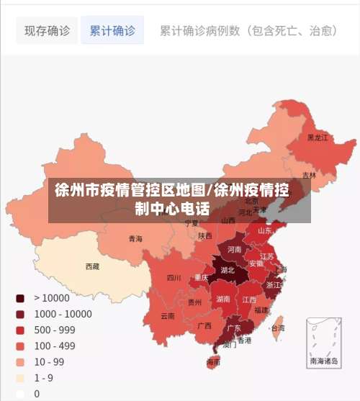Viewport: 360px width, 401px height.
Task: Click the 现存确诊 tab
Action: coord(47,31)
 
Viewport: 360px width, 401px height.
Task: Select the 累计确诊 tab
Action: coord(112,31)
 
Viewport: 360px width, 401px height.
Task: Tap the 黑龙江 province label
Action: coord(318,137)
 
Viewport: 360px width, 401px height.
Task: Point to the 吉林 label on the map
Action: coord(309,175)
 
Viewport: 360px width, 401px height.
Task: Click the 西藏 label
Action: coord(92,266)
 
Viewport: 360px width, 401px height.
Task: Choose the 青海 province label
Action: coord(135,238)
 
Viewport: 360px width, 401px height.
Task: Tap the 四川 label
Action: coord(174,277)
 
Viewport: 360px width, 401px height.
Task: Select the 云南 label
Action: coord(167,316)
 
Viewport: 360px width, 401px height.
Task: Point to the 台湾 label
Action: coord(277,328)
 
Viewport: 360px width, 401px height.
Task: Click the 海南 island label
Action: coord(214,361)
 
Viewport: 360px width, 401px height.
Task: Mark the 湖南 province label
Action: coord(223,298)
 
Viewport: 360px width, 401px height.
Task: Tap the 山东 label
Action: coord(264,231)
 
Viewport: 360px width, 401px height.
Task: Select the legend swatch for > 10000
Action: coord(20,298)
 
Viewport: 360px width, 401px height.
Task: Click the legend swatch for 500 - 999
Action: coord(20,330)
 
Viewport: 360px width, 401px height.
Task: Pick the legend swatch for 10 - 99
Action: coord(20,361)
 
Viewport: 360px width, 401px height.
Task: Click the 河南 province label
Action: coord(235,249)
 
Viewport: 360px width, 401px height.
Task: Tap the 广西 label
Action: coord(204,325)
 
